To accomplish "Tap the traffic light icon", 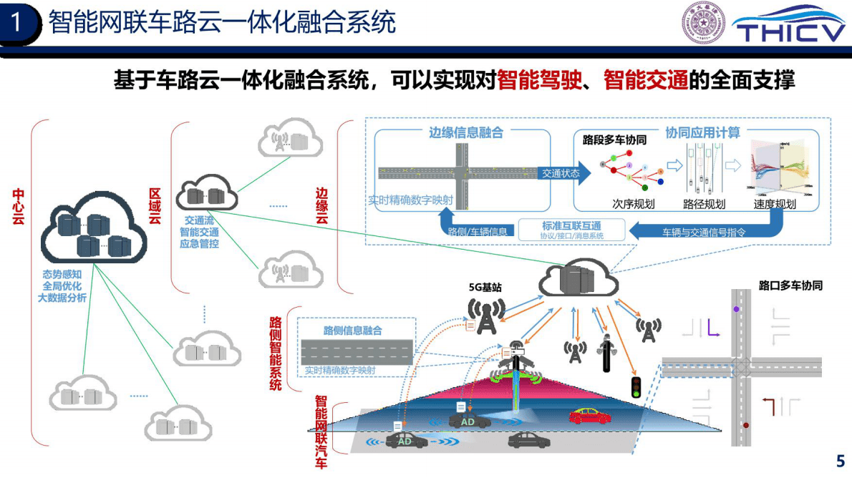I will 634,387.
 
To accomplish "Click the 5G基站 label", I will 485,288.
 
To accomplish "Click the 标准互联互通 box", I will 571,230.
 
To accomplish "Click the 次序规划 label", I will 633,204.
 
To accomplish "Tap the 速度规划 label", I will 774,204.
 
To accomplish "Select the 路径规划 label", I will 704,204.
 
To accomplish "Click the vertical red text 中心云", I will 19,206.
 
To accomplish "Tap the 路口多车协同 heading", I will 790,286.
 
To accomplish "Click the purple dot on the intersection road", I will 736,308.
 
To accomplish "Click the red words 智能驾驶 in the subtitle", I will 538,80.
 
